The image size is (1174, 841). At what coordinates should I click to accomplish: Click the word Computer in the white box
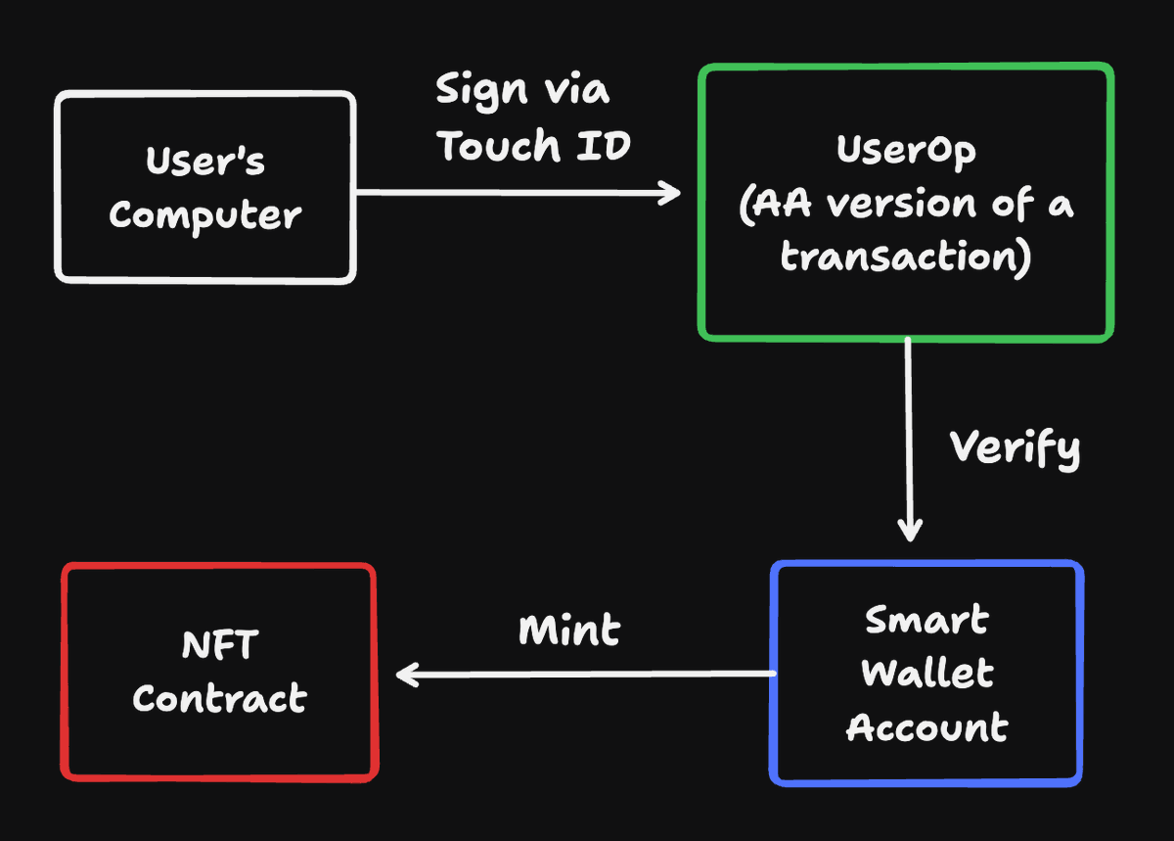(205, 216)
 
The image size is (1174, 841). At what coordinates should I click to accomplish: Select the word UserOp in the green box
(906, 151)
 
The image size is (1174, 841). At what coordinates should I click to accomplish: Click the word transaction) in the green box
(906, 257)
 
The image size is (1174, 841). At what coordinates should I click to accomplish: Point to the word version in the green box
(901, 204)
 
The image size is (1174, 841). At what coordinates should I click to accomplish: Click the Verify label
(1016, 449)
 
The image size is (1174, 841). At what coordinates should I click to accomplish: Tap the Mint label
(569, 630)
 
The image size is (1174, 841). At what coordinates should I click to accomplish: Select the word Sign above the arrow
(481, 91)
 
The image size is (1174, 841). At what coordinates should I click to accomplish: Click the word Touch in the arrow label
(499, 145)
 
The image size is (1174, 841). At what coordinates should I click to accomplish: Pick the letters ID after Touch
(604, 145)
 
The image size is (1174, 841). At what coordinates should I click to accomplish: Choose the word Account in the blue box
(927, 726)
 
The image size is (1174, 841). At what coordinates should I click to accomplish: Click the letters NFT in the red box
(220, 644)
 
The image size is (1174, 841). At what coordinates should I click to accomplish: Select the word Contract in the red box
(220, 698)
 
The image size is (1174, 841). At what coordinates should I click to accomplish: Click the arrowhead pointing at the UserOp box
(670, 193)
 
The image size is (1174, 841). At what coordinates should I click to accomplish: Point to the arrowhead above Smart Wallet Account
(910, 530)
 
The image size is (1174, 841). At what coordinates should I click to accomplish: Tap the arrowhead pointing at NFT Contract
(407, 675)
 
